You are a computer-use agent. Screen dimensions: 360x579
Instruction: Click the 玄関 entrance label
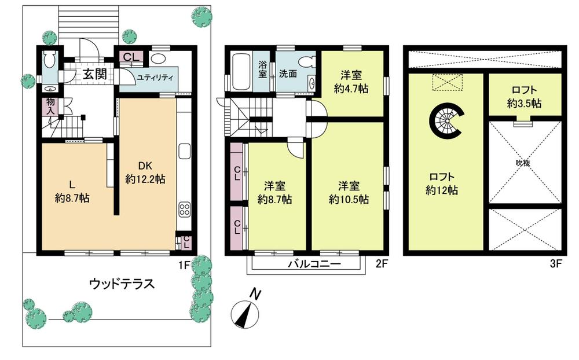(x=93, y=74)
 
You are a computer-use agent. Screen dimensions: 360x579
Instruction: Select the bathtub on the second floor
(x=242, y=72)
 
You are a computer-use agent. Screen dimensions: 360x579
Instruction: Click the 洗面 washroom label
(x=288, y=74)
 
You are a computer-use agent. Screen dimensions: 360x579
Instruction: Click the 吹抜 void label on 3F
(x=523, y=163)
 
